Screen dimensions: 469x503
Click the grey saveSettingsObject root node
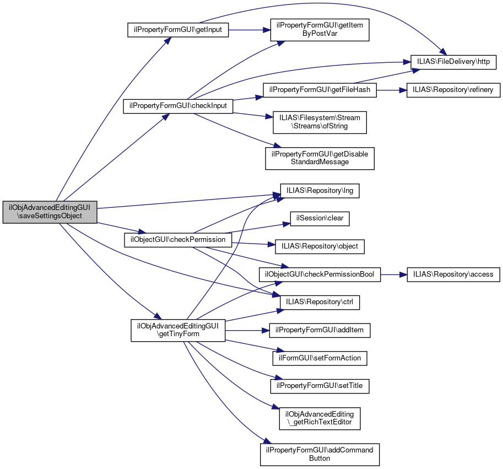click(50, 212)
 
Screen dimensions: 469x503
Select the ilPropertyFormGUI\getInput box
click(177, 30)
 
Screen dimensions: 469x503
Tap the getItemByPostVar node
click(319, 29)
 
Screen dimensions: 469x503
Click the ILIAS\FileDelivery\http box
click(453, 61)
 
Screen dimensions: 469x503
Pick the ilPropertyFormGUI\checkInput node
click(178, 105)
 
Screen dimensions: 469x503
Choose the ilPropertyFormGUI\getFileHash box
click(320, 90)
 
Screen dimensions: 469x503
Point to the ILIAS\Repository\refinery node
click(453, 90)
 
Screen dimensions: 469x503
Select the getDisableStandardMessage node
click(320, 158)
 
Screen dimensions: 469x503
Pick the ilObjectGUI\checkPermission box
click(178, 240)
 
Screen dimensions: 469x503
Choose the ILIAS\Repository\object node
click(316, 246)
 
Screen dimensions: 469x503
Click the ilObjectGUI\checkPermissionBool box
click(320, 274)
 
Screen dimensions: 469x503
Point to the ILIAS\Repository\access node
click(453, 274)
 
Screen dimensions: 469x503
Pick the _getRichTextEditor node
click(320, 418)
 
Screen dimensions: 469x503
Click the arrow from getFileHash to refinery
click(391, 90)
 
